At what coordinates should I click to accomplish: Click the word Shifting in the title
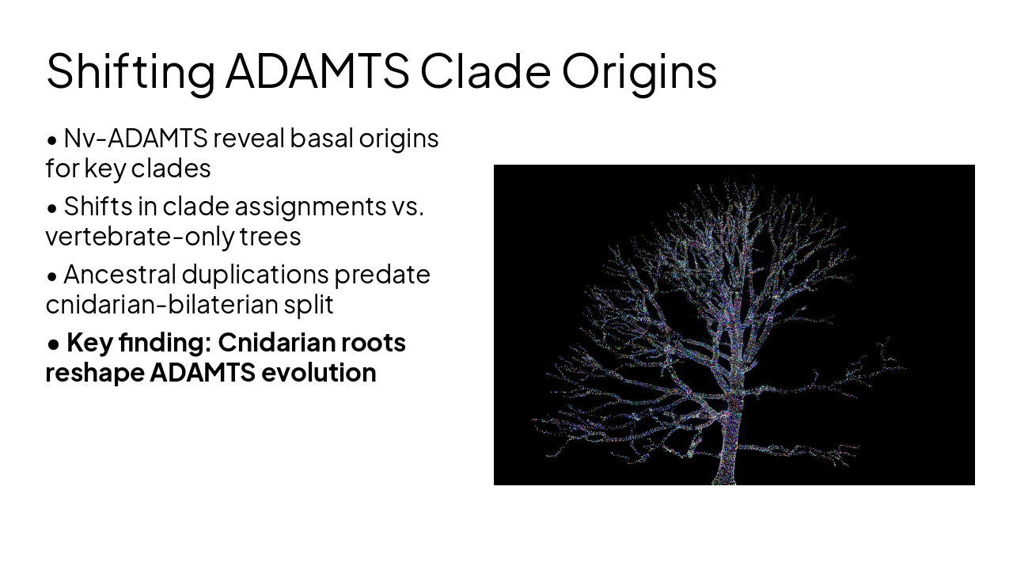[130, 71]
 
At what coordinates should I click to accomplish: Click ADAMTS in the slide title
[317, 71]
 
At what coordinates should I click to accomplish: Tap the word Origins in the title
[639, 71]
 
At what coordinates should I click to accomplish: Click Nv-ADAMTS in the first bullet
[135, 139]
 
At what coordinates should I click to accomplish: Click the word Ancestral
[120, 275]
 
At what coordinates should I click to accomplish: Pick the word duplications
[255, 275]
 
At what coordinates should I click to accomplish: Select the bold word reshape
[95, 373]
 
